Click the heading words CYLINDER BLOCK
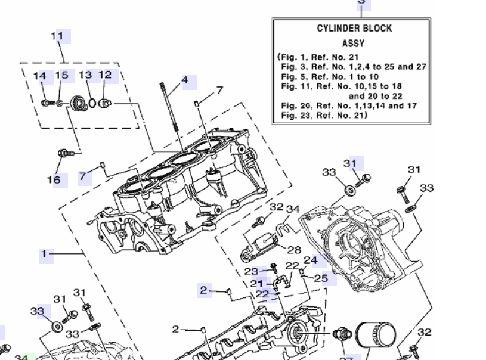[x=354, y=29]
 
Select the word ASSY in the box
[x=354, y=43]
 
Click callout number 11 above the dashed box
[x=57, y=36]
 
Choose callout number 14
[x=40, y=76]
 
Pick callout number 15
[x=61, y=75]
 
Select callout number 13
[x=86, y=75]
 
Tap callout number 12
[x=105, y=75]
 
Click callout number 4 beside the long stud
[x=185, y=80]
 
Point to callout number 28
[x=295, y=250]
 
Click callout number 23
[x=251, y=271]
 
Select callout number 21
[x=256, y=284]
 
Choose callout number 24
[x=311, y=260]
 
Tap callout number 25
[x=321, y=278]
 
